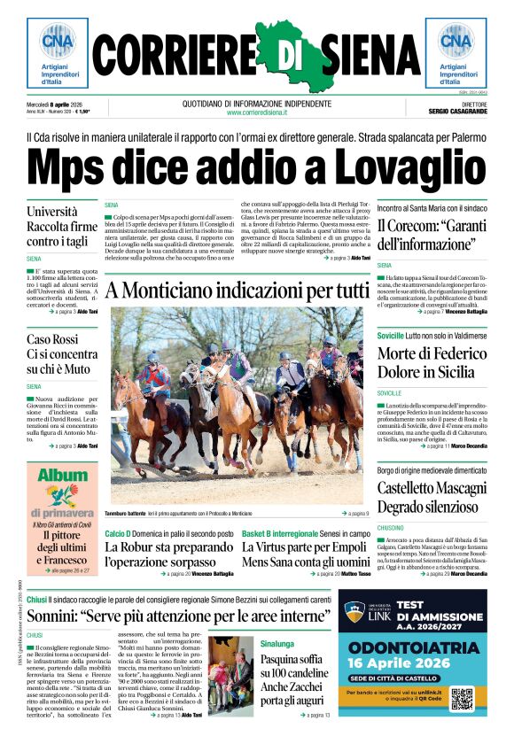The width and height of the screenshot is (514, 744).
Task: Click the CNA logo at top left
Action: tap(57, 41)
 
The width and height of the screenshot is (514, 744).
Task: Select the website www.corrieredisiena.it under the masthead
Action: tap(257, 112)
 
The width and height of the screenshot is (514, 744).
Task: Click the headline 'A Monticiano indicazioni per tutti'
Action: tap(237, 290)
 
